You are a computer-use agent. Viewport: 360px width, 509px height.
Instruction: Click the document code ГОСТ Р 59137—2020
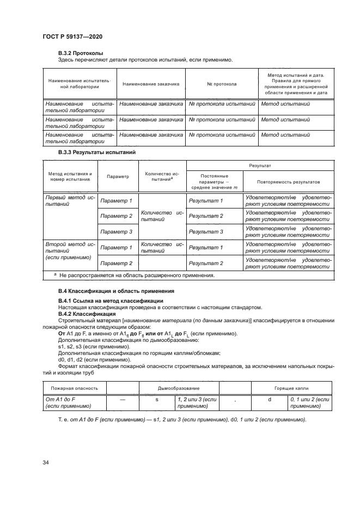(x=72, y=36)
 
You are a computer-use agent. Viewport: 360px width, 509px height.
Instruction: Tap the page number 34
(x=46, y=463)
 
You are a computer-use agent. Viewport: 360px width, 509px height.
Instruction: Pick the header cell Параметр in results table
(x=118, y=177)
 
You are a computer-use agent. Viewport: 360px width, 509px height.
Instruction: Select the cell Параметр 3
(x=117, y=231)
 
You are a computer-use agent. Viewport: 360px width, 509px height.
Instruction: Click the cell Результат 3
(x=205, y=231)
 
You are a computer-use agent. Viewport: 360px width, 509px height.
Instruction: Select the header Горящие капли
(x=289, y=389)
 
